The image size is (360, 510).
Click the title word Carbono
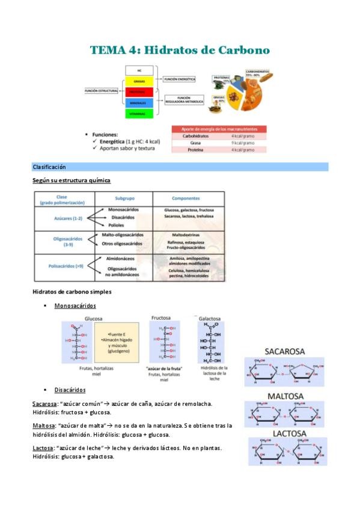(x=241, y=51)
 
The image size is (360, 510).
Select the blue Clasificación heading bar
(x=180, y=167)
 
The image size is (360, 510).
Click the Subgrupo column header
(x=124, y=198)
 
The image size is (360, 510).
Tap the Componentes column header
(x=186, y=198)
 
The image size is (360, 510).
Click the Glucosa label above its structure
(x=94, y=318)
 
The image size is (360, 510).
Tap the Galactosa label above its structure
(x=209, y=319)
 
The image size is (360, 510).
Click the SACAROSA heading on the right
(x=284, y=351)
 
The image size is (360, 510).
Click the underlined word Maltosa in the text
(x=43, y=425)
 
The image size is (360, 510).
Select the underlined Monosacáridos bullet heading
(x=75, y=306)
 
